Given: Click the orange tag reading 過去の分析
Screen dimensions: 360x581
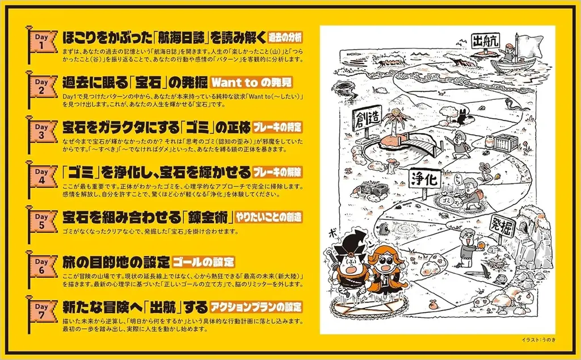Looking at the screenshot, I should click(285, 37).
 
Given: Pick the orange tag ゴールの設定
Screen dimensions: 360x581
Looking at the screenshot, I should click(204, 262).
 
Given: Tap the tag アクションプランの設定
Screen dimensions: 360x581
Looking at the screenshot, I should click(256, 307).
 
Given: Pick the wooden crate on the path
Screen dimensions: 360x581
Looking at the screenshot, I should click(506, 143).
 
